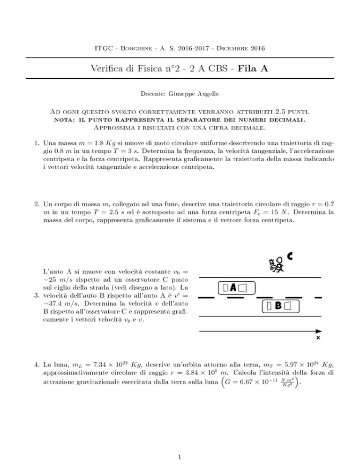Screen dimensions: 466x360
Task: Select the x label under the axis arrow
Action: pos(318,337)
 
